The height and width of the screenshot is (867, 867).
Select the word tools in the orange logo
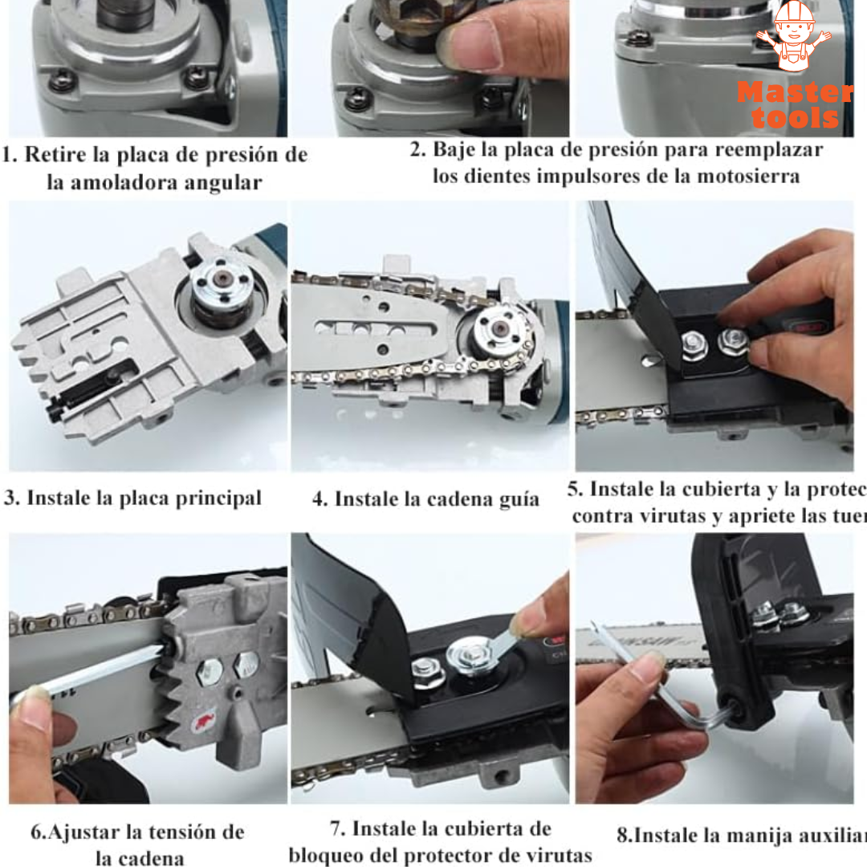click(795, 117)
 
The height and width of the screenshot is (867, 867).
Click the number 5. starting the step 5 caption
click(575, 489)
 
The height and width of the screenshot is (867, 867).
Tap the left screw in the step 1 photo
click(63, 80)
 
